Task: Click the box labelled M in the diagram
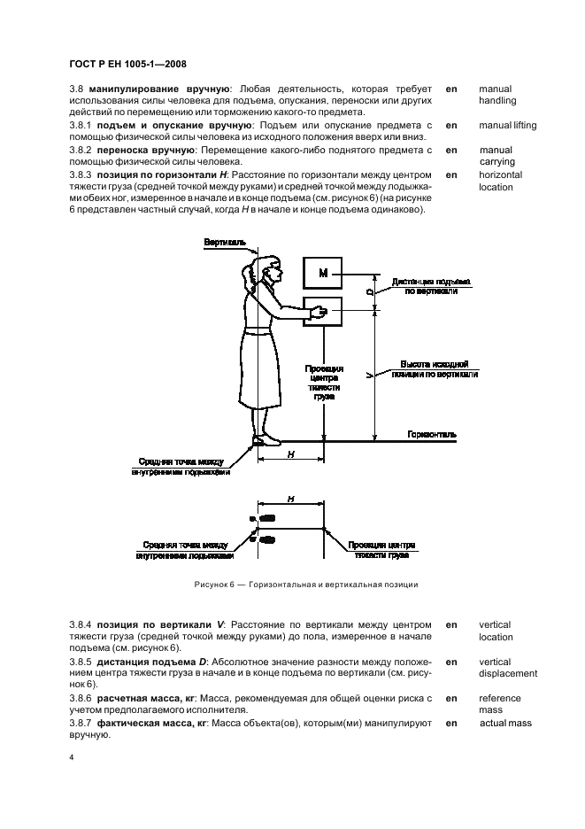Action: click(x=323, y=274)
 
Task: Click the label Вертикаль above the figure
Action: click(x=222, y=241)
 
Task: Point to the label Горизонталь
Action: click(x=433, y=435)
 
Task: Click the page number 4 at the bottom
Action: click(x=71, y=757)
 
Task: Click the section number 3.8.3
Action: click(x=82, y=175)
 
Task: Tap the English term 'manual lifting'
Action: click(x=507, y=126)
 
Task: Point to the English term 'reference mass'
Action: click(x=500, y=704)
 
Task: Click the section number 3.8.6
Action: click(x=82, y=699)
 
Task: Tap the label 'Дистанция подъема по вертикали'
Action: click(x=432, y=285)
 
